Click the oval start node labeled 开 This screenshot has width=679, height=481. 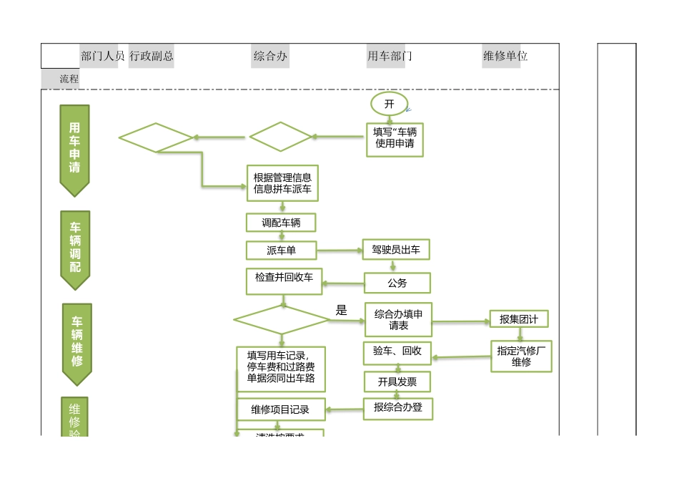coord(389,104)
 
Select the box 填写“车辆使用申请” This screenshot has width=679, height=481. coord(395,138)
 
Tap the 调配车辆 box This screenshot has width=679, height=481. coord(281,223)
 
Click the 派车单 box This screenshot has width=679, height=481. coord(281,251)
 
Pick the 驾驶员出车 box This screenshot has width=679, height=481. coord(396,250)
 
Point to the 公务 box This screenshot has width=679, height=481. coord(397,283)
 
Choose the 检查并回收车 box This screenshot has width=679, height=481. coord(284,281)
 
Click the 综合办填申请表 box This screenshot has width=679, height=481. coord(398,319)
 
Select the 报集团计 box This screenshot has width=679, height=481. coord(519,319)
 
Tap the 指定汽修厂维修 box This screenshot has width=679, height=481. coord(521,356)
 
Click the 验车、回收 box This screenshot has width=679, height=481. coord(397,352)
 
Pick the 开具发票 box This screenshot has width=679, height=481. coord(397,382)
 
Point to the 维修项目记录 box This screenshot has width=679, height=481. coord(281,409)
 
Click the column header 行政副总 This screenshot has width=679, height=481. coord(152,56)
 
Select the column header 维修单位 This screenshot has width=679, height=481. coord(505,56)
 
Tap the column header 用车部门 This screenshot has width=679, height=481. coord(390,56)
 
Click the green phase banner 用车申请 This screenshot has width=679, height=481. coord(75,149)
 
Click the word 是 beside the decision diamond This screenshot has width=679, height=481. coord(342,310)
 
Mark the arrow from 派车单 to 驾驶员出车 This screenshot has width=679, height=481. coord(339,251)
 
